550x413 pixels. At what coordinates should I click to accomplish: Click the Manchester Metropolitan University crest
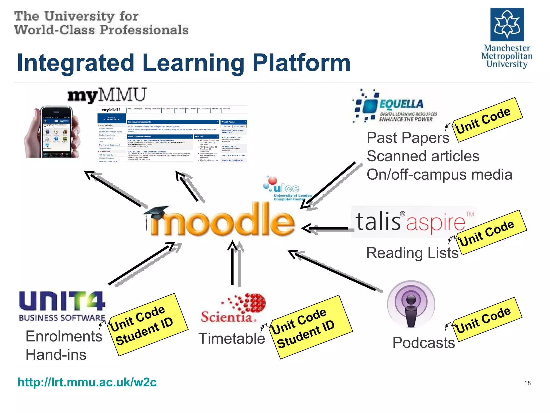click(x=507, y=24)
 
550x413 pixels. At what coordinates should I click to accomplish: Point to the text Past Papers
click(x=408, y=138)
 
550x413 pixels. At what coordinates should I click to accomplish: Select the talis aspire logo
click(x=414, y=222)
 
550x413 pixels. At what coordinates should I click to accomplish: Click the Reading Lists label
click(x=412, y=253)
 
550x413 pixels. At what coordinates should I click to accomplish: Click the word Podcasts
click(x=424, y=343)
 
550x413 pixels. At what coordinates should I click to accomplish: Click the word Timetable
click(x=231, y=339)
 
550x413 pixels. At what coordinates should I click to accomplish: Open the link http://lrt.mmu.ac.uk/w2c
click(x=87, y=382)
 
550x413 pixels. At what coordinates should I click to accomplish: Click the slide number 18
click(x=527, y=383)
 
